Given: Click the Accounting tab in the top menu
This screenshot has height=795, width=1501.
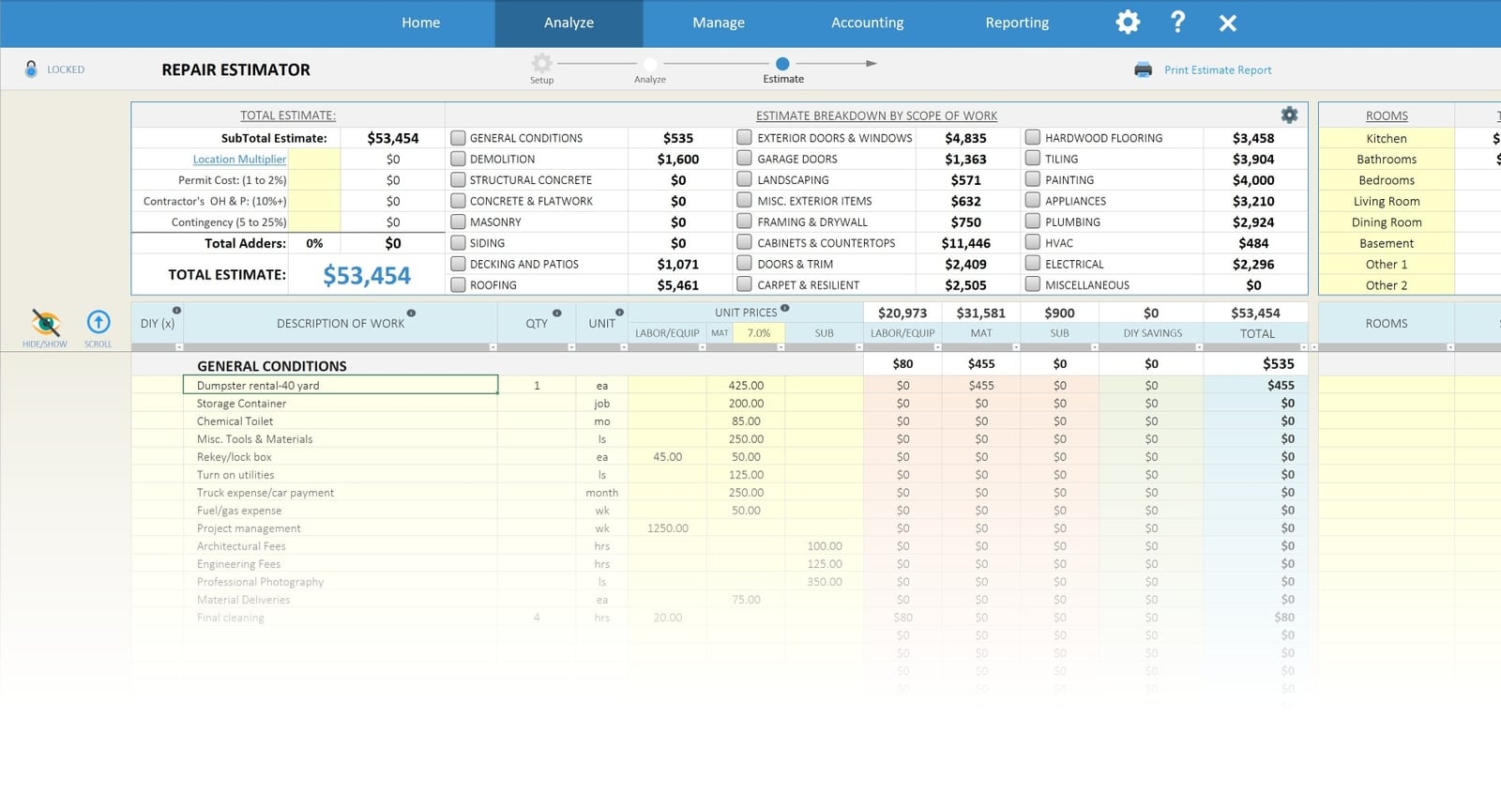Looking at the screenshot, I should (x=867, y=23).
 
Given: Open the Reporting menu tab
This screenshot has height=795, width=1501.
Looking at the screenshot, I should (x=1017, y=23).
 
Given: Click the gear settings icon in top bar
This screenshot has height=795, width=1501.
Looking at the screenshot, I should (x=1128, y=23).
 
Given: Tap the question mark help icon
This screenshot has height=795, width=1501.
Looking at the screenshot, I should (x=1177, y=22).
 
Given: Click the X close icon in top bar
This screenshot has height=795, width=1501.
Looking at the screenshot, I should (x=1227, y=23).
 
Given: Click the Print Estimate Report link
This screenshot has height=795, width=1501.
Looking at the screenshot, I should (x=1217, y=69).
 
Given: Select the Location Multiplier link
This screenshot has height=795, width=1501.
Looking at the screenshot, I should (x=239, y=160).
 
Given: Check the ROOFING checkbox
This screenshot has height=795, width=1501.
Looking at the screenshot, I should (x=458, y=284).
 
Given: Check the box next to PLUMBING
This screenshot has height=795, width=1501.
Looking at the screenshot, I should (x=1033, y=222).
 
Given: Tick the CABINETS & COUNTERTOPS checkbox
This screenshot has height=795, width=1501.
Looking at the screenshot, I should (x=745, y=242).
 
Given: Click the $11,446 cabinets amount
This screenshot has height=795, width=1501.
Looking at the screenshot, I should (x=965, y=243).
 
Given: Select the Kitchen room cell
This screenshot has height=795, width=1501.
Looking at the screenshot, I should (x=1386, y=138).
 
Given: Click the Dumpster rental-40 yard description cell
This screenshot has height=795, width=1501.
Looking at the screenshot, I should (x=340, y=385).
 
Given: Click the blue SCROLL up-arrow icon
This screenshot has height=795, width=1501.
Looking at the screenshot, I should (x=99, y=322).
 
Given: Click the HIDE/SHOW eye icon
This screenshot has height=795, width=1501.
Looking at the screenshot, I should (x=45, y=323).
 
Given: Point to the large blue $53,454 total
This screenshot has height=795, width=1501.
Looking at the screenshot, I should (x=367, y=275).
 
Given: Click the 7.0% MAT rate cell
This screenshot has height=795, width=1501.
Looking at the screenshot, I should (x=758, y=333).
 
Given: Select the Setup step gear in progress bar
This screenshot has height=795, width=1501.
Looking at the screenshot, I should (x=541, y=63).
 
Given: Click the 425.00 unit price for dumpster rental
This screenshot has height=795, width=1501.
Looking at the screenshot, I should (x=746, y=385).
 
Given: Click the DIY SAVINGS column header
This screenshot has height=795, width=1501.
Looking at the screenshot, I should (x=1152, y=333).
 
